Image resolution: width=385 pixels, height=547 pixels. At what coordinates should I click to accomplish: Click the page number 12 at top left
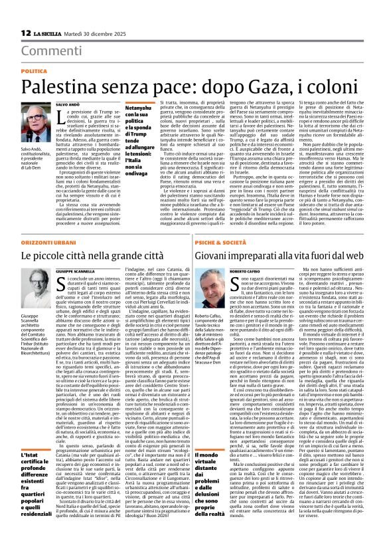tap(26, 33)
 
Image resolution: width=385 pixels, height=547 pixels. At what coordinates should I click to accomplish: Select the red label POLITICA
tap(35, 70)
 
